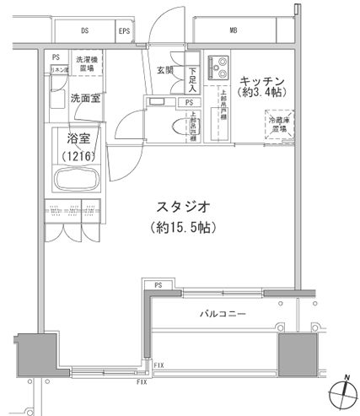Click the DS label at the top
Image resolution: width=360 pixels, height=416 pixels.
point(85,31)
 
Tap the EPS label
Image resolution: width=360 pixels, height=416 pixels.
point(125,31)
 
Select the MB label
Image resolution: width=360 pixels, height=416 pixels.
point(233,31)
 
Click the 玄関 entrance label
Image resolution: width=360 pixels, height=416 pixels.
point(165,71)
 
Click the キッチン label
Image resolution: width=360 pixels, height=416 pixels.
point(261,81)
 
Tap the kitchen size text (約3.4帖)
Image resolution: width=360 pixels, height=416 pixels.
point(262,94)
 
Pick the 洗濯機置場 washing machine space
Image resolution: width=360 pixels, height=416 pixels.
point(87,64)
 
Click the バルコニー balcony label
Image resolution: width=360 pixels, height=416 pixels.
point(224,314)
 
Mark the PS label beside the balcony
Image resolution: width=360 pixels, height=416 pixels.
point(158,285)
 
